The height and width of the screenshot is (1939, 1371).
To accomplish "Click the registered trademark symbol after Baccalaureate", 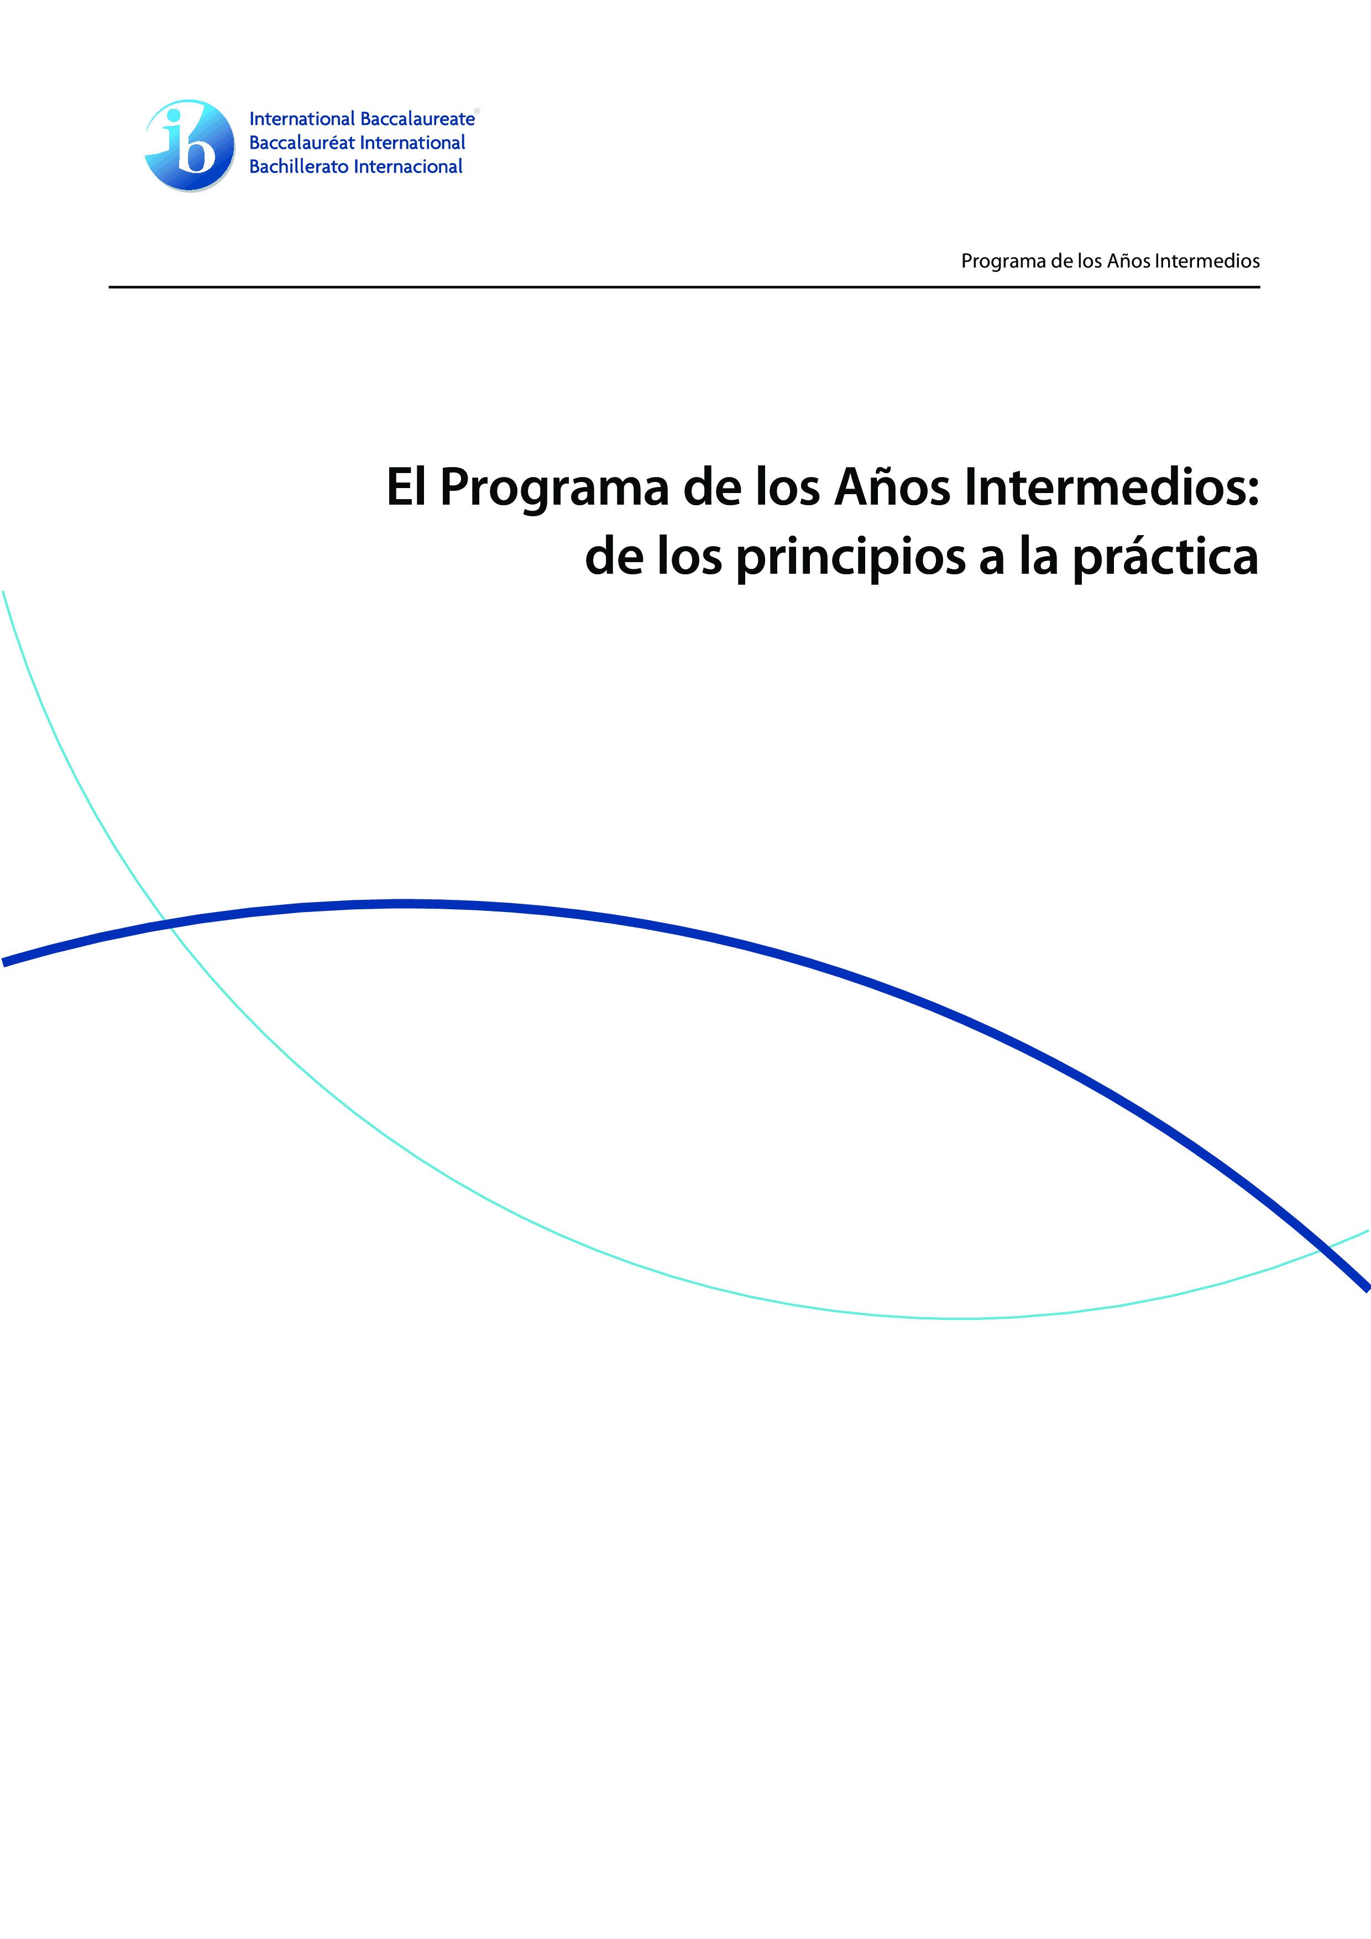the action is tap(477, 111).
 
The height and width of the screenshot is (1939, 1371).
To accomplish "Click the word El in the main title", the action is tap(405, 488).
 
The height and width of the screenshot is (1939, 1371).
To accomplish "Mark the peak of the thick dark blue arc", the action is tap(405, 904).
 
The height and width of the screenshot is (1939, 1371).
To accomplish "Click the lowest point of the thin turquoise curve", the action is tap(959, 1318).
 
